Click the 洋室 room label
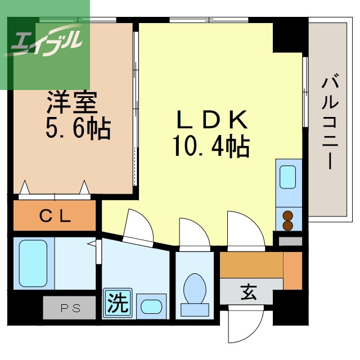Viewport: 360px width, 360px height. click(72, 102)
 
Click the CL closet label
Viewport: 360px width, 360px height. click(55, 216)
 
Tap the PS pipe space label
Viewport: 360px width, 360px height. click(70, 308)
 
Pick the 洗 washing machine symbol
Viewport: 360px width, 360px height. click(118, 303)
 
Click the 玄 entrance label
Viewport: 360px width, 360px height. click(249, 292)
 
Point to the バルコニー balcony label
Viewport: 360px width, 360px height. click(330, 123)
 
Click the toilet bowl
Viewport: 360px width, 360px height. click(195, 288)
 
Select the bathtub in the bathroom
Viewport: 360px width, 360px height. click(33, 263)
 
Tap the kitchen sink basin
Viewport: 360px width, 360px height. click(287, 177)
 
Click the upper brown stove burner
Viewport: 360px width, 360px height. click(288, 216)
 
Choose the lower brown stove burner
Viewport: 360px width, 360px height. click(288, 226)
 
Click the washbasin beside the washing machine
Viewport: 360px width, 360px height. click(151, 307)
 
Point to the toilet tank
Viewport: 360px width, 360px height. click(195, 309)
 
